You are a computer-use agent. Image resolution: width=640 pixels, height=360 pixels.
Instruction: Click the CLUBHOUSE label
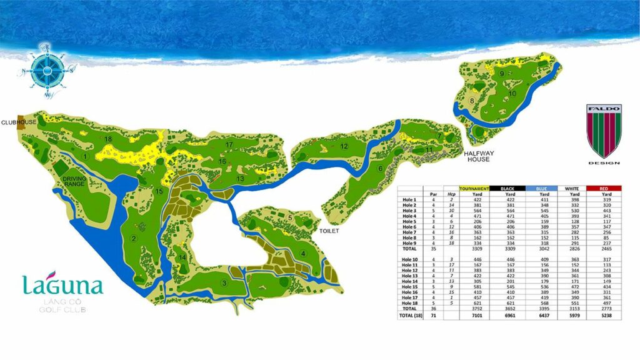[18, 122]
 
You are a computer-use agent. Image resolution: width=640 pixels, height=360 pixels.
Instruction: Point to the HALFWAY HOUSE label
[479, 156]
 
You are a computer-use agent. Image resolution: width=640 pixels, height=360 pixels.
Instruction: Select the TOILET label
[328, 231]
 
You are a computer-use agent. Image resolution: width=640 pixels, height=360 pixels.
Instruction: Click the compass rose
[46, 69]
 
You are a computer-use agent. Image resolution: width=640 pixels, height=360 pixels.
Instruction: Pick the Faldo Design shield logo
[604, 131]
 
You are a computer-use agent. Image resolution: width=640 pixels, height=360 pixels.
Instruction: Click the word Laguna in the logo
[62, 286]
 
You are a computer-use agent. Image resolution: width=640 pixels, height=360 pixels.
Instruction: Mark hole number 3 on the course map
[223, 283]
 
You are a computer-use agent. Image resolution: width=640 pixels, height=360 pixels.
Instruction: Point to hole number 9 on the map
[502, 74]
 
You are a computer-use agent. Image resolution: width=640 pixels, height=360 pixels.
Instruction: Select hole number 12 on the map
[344, 146]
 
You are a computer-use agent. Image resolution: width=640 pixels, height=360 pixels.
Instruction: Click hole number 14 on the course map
[182, 257]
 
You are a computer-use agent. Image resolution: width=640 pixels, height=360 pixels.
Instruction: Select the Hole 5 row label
[409, 221]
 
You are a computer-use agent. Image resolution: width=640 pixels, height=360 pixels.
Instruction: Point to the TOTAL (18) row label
[410, 316]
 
